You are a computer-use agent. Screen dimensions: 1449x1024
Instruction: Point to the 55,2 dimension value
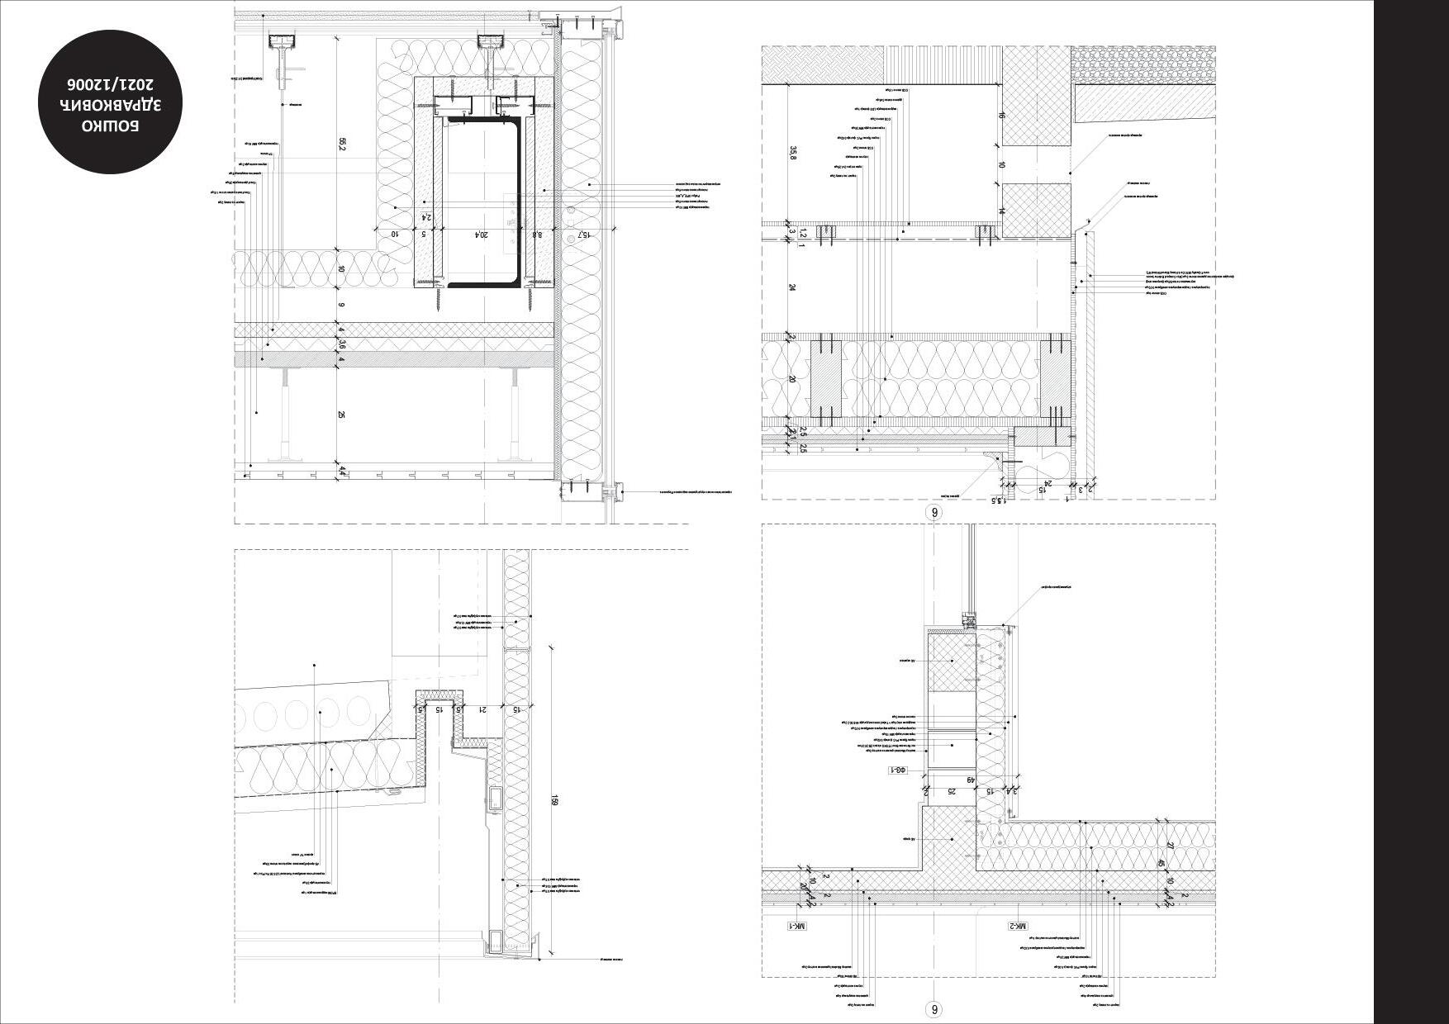(x=342, y=144)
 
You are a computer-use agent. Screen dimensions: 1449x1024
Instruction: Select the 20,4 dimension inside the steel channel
(x=478, y=235)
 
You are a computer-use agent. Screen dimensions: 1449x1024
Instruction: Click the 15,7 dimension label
(x=583, y=235)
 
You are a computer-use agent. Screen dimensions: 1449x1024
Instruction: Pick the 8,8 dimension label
(x=537, y=235)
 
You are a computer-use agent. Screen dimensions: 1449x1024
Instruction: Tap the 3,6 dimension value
(x=341, y=345)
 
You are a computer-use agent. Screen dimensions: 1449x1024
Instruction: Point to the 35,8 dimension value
(x=793, y=154)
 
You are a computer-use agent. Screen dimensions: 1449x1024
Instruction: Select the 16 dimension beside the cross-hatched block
(x=1001, y=116)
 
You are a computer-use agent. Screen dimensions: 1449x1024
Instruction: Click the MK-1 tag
(x=796, y=926)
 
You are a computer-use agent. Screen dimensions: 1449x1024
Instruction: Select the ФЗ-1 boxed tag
(x=898, y=770)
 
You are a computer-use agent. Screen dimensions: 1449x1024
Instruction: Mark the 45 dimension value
(x=1161, y=864)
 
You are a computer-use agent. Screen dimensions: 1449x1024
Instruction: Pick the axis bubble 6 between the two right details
(x=935, y=512)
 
